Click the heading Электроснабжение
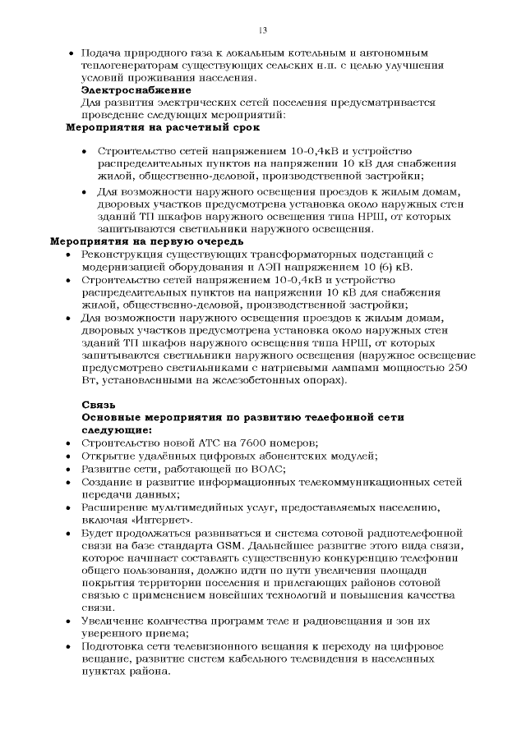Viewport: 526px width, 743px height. coord(136,89)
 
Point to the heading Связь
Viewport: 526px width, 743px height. coord(98,405)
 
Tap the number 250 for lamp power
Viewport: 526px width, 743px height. coord(458,368)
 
